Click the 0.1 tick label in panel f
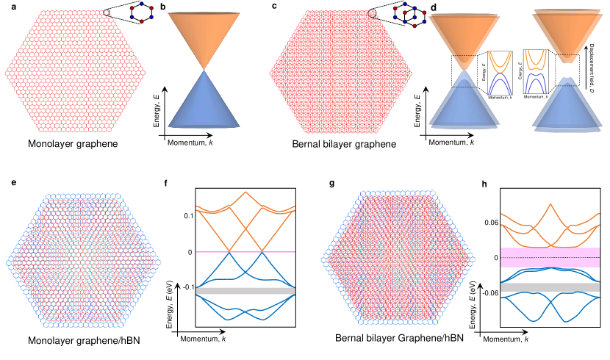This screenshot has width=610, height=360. pos(188,215)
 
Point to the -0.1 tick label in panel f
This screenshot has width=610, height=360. pos(187,287)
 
